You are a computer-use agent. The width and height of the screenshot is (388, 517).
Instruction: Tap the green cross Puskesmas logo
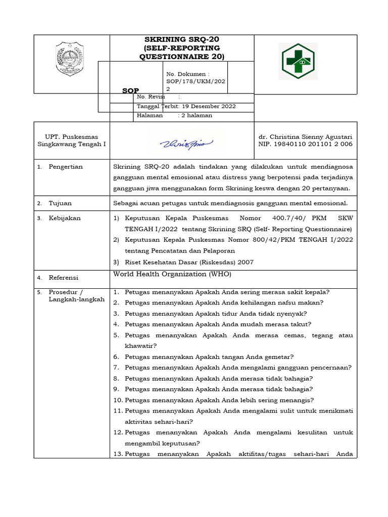coord(298,61)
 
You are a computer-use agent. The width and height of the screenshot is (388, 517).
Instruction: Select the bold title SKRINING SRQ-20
coord(182,39)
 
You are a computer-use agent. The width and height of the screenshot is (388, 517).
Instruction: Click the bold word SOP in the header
coord(131,90)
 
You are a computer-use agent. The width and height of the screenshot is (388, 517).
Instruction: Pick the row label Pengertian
coord(65,167)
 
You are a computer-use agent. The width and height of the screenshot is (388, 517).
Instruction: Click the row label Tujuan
coord(60,203)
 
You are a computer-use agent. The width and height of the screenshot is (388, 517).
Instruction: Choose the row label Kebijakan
coord(64,218)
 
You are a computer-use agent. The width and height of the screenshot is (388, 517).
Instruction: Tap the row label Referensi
coord(64,278)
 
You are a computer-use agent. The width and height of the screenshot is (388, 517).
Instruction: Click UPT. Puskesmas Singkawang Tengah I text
coord(72,141)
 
